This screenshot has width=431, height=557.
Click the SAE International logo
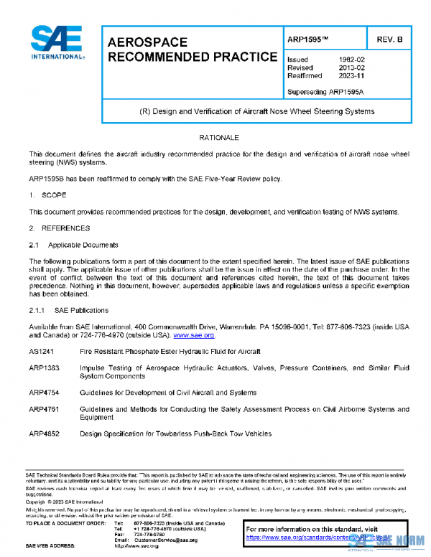57,42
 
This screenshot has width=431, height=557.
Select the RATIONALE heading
218,137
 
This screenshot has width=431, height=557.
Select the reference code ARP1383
42,368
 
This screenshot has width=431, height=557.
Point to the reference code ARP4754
42,393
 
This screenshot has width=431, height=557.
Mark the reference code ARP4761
42,409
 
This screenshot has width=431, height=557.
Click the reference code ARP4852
42,434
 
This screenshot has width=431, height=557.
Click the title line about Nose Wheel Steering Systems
256,111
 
